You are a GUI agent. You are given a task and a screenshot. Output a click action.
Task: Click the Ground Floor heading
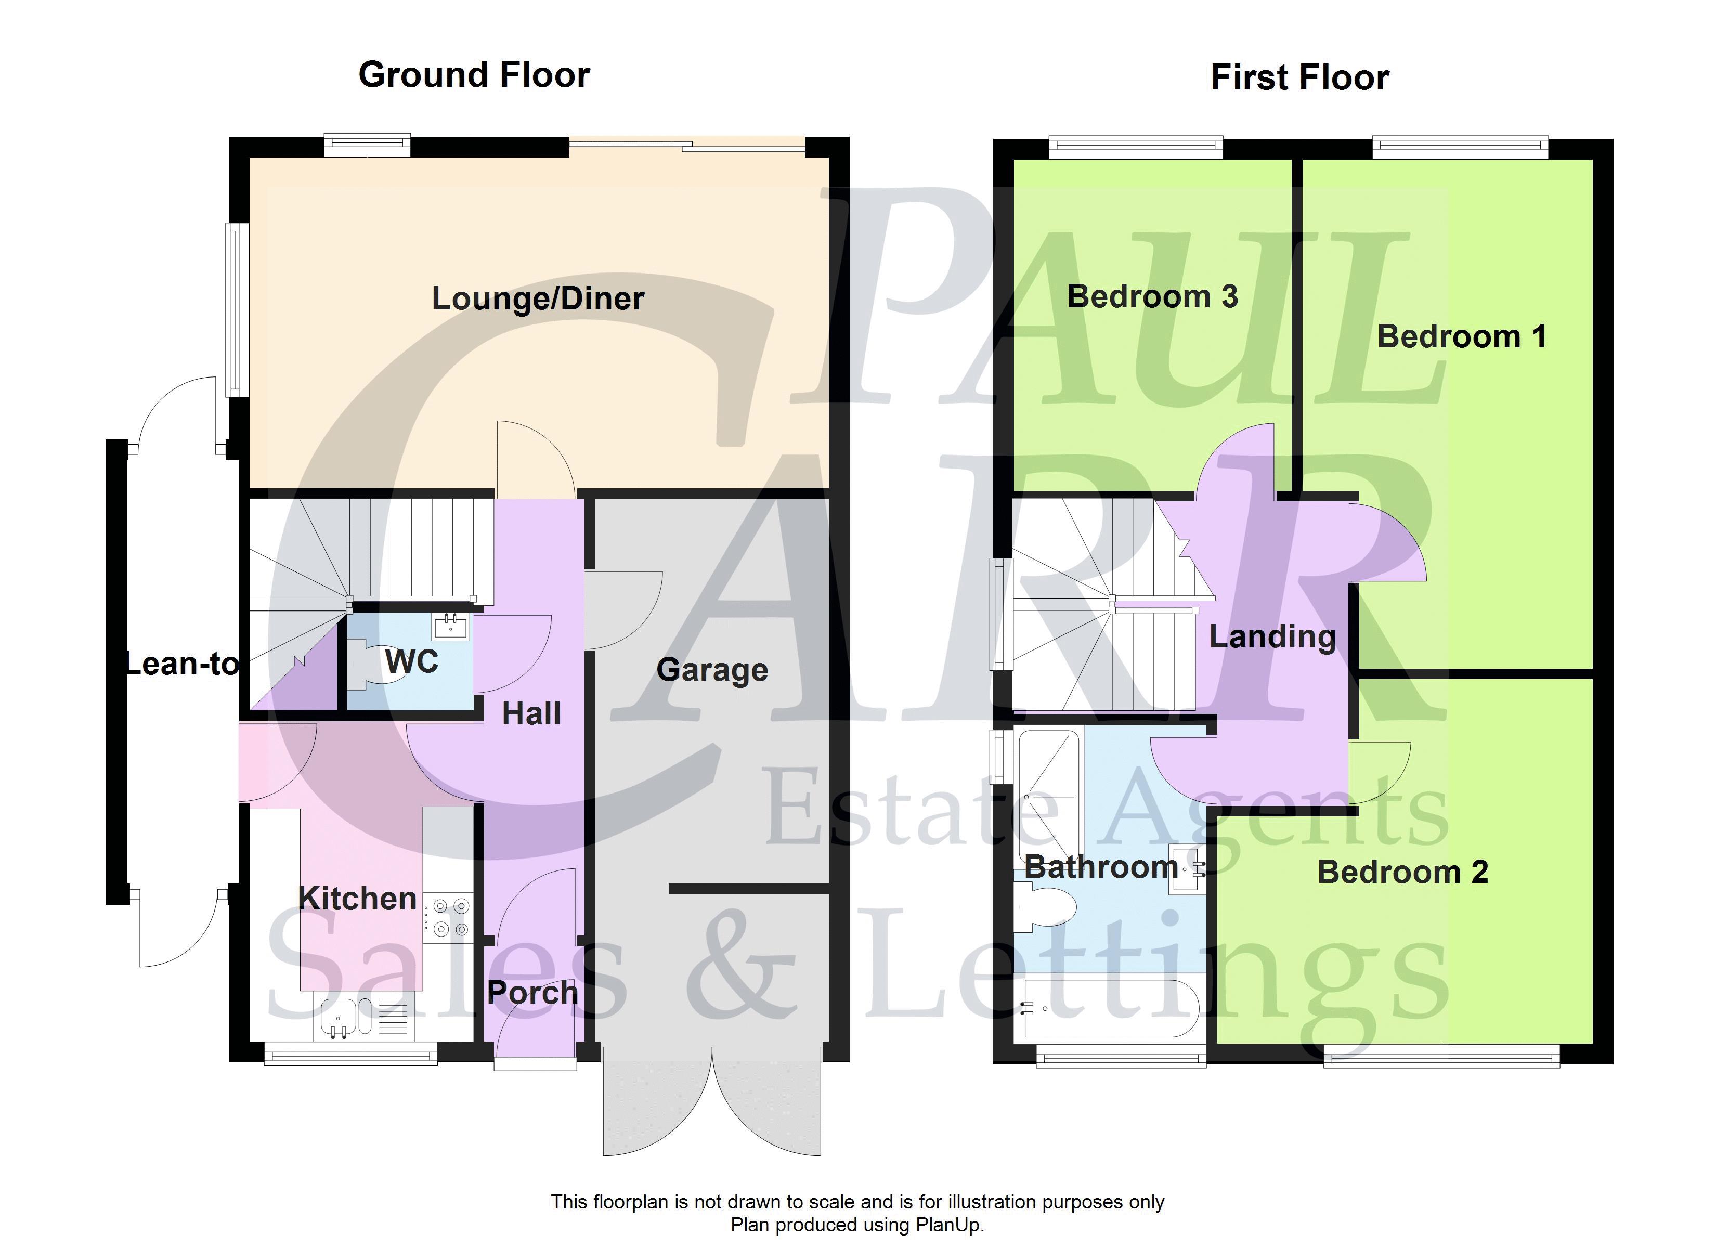[474, 75]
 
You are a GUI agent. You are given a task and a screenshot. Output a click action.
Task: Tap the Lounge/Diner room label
[538, 298]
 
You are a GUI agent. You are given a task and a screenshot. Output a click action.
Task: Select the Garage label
[712, 670]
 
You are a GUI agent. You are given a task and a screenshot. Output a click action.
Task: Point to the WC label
[412, 661]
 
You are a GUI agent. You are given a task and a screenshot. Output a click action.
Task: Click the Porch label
[532, 992]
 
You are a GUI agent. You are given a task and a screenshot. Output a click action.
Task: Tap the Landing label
[1272, 637]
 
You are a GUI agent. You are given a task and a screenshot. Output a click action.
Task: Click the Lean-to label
[181, 664]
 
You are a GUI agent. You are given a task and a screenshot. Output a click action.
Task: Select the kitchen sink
[363, 1017]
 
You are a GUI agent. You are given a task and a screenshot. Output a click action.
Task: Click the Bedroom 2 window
[1441, 1055]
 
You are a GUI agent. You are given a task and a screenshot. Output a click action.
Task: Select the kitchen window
[350, 1054]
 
